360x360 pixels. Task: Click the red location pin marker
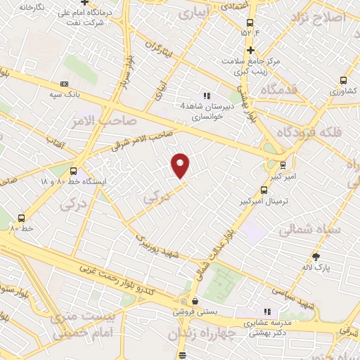click(x=181, y=165)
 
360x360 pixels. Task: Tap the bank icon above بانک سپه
click(x=65, y=84)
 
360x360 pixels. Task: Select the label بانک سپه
click(x=65, y=94)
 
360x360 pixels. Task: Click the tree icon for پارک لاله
click(x=316, y=257)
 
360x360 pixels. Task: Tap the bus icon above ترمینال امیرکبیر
click(x=264, y=190)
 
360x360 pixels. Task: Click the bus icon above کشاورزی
click(x=343, y=80)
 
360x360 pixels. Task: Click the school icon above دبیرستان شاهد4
click(x=206, y=96)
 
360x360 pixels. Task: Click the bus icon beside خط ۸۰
click(x=21, y=218)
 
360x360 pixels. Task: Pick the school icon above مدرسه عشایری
click(x=266, y=311)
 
